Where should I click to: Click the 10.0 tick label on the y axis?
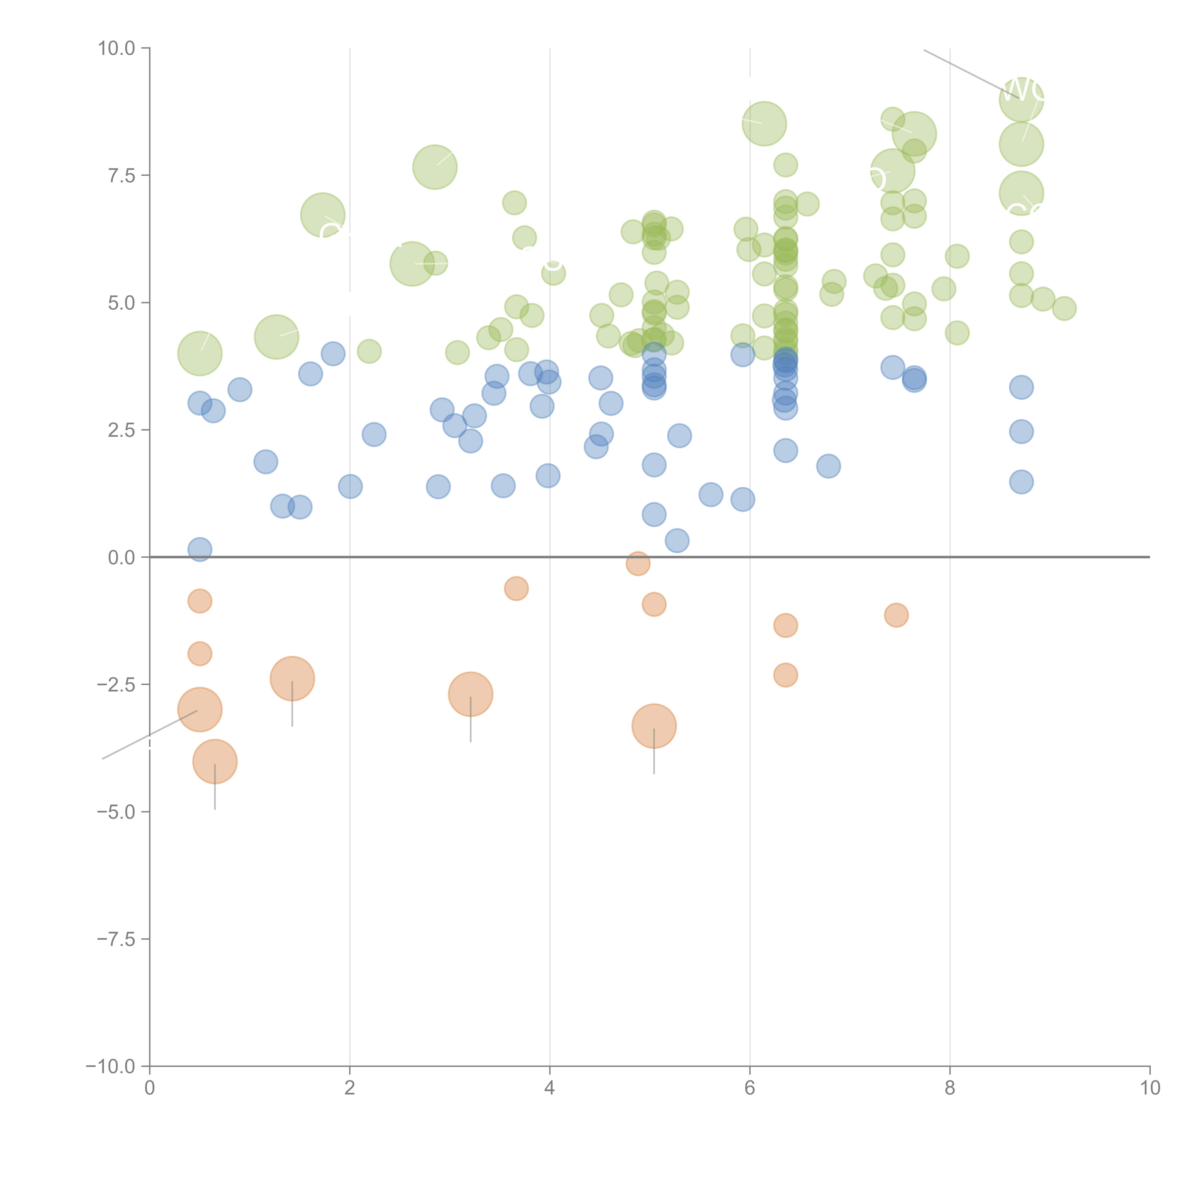point(117,48)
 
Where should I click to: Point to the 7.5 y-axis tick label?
point(121,175)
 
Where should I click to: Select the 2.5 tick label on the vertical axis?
point(121,430)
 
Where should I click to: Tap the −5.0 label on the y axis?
point(117,812)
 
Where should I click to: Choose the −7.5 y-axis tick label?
point(117,939)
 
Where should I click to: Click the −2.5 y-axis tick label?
point(117,685)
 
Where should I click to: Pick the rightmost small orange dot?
point(896,615)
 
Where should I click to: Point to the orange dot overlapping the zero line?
point(638,563)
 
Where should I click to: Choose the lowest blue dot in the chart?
point(200,549)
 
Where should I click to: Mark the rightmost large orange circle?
point(654,726)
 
